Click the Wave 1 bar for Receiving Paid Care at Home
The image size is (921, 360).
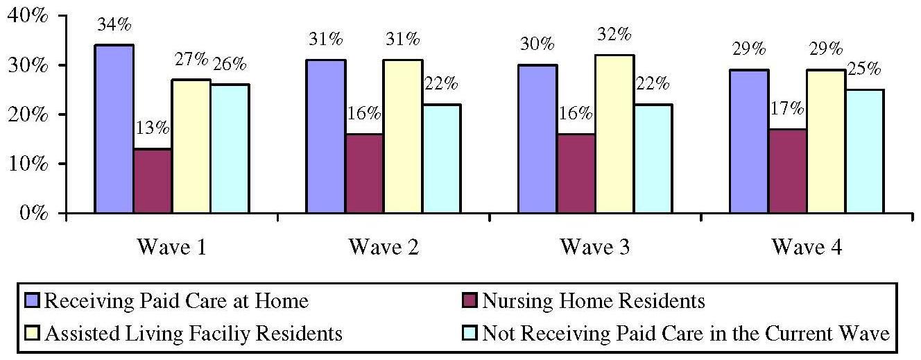tap(114, 129)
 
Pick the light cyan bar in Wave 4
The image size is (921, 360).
tap(864, 151)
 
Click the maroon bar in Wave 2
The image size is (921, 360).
tap(364, 173)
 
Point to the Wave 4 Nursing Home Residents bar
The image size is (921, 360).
tap(787, 171)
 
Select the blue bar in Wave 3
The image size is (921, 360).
tap(537, 139)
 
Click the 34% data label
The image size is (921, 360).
tap(114, 25)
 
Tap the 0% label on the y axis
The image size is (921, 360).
tap(33, 213)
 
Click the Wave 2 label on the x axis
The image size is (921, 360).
tap(384, 247)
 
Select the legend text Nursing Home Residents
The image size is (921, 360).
tap(593, 301)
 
